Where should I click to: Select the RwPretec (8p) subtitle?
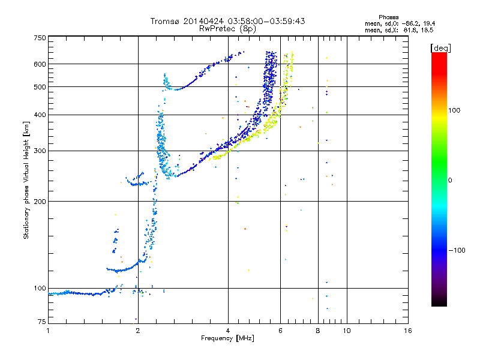(x=227, y=29)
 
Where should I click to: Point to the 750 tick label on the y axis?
(x=40, y=38)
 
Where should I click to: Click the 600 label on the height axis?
(x=40, y=64)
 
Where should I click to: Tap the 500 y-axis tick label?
(x=40, y=87)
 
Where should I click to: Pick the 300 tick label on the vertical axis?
(x=40, y=151)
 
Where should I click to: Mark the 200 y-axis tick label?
(x=40, y=202)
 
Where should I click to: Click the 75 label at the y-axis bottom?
(x=42, y=322)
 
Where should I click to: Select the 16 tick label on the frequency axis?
(x=408, y=331)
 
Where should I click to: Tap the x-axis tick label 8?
(x=318, y=331)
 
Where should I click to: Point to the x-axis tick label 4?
(x=228, y=331)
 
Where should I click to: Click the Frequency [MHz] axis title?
(x=227, y=338)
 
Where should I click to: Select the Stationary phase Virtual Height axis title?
(x=26, y=181)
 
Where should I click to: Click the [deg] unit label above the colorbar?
(x=440, y=49)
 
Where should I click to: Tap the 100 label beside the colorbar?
(x=454, y=110)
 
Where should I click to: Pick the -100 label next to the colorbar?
(x=457, y=250)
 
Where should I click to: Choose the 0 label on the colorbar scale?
(x=450, y=181)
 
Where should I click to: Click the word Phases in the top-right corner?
(x=388, y=17)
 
